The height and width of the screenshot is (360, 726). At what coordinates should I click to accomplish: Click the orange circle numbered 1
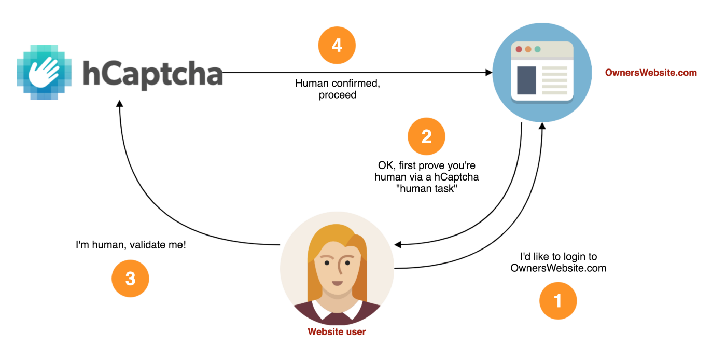coord(558,300)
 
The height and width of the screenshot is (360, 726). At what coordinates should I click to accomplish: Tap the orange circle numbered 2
coord(426,137)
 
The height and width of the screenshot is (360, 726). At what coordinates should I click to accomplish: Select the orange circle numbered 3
coord(130,279)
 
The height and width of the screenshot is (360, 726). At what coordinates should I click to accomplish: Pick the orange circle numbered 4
coord(337,46)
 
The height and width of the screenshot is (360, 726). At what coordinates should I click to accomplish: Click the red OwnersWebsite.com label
coord(651,73)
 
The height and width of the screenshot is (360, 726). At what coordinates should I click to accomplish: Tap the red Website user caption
coord(337,331)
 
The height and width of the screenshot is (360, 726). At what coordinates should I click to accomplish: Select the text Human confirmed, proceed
coord(338,89)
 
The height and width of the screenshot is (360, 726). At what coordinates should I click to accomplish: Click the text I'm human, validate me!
coord(131,244)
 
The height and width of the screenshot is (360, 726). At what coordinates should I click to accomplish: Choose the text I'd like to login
coord(558,257)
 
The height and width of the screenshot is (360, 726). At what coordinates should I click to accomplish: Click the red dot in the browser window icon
coord(519,49)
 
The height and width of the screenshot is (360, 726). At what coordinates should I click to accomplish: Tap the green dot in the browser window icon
coord(537,49)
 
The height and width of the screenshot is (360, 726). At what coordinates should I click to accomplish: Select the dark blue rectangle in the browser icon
coord(526,80)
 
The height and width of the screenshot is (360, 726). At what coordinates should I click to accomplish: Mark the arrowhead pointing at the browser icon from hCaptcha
coord(488,73)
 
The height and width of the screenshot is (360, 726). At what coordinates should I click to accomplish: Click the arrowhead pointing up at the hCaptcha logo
coord(120,104)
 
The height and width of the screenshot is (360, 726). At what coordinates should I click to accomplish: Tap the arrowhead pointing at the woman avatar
coord(399,244)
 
